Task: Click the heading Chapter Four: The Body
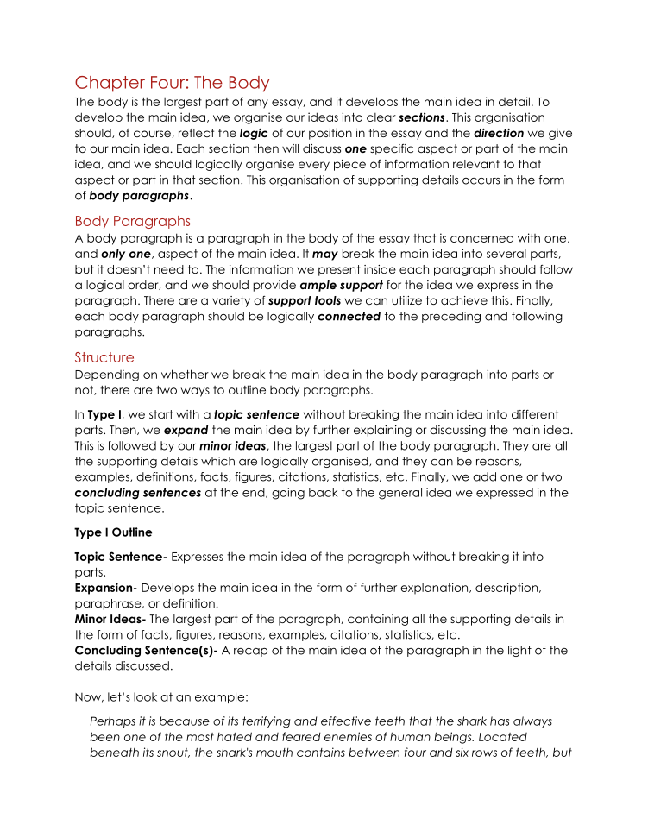coord(173,83)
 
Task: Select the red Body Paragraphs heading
coord(133,221)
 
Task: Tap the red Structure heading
coord(104,357)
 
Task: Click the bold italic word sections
coord(421,117)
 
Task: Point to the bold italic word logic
coord(254,134)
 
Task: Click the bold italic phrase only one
coord(125,255)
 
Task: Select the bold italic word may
coord(325,255)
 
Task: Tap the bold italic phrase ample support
coord(341,286)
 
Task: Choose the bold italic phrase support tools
coord(300,301)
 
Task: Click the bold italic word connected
coord(349,317)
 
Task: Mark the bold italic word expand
coord(186,430)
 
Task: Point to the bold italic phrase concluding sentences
coord(138,493)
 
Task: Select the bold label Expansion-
coord(106,588)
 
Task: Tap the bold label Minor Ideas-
coord(110,619)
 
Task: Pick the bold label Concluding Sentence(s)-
coord(146,651)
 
